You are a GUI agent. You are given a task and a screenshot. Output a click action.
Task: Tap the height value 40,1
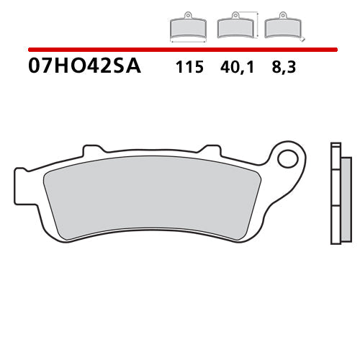tap(239, 68)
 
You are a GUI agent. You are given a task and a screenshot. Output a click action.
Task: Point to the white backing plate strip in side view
tap(333, 194)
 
